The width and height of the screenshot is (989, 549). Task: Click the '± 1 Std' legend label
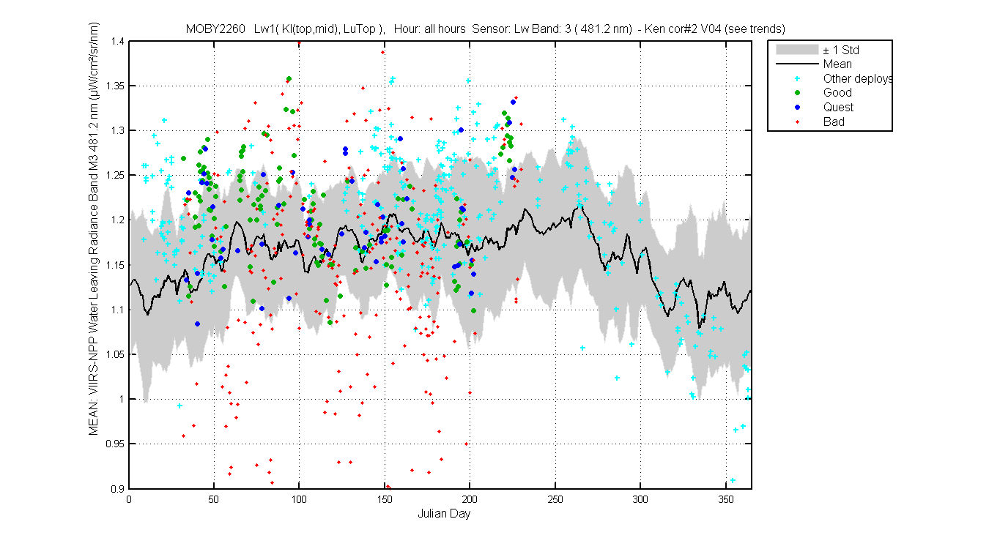841,50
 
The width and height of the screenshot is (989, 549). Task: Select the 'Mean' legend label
837,64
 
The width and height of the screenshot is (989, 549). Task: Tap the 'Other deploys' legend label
857,78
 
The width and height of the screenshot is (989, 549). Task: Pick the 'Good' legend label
837,93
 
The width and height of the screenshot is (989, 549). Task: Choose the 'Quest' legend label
838,108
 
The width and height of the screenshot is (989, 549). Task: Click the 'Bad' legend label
834,122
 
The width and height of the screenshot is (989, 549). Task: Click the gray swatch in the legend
797,50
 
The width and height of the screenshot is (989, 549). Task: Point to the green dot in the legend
797,93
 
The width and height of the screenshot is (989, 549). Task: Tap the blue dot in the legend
797,108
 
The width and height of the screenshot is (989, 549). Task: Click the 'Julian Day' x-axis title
444,514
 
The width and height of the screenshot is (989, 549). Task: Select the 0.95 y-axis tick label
115,444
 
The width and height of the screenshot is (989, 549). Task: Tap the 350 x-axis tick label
725,499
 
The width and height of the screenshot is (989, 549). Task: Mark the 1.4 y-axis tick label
118,42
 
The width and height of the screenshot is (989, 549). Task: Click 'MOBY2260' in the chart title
215,29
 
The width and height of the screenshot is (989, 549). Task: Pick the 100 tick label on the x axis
299,499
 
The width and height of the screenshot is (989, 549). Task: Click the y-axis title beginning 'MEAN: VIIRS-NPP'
94,228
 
